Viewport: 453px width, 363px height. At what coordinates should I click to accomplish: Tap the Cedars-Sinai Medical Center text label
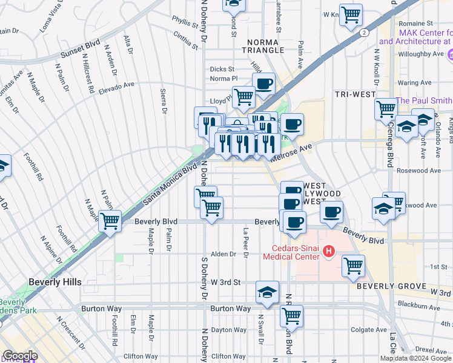point(291,252)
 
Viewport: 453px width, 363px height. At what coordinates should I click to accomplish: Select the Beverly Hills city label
point(55,282)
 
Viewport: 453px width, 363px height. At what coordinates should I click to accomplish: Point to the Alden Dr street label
point(223,254)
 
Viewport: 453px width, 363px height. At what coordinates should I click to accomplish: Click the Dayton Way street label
point(229,330)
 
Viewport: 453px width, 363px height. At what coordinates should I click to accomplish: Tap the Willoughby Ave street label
point(420,54)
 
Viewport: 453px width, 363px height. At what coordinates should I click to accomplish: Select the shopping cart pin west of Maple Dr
point(110,221)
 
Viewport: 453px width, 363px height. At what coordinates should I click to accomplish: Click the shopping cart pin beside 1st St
point(353,266)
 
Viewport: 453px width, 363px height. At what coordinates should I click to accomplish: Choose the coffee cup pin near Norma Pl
point(263,83)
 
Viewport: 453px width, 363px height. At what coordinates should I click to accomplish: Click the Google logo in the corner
point(19,356)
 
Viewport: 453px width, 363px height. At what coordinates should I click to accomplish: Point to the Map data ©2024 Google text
point(415,358)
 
